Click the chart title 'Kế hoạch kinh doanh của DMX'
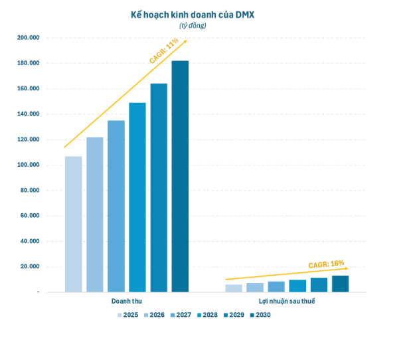193,15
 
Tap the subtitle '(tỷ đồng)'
193,25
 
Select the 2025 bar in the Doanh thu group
74,224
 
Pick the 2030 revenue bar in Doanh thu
180,177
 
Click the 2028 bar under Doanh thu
137,197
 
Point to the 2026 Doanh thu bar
95,215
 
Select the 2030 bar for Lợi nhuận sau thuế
340,284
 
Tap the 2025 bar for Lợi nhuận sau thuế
234,288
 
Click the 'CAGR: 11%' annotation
164,50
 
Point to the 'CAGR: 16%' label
326,264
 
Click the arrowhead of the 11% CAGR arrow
185,41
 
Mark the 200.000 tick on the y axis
29,38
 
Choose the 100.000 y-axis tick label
29,165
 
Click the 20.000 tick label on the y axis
30,266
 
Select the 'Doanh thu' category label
127,301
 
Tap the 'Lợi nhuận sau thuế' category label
287,301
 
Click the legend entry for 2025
127,315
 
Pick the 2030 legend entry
260,315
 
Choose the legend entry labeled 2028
207,315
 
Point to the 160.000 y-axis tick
29,88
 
